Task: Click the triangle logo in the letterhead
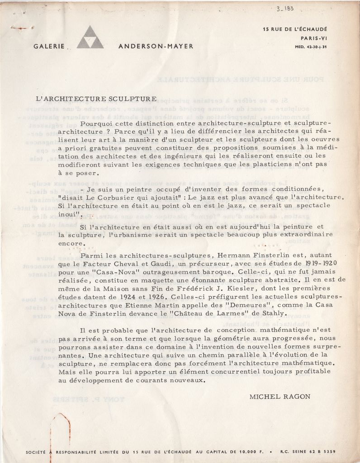coord(90,38)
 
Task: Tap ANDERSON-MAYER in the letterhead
coord(156,46)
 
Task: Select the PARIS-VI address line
coord(314,38)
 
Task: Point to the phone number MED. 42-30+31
coord(311,46)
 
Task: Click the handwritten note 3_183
coord(284,9)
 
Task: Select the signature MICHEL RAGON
coord(279,397)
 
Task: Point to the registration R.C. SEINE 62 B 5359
coord(308,451)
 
